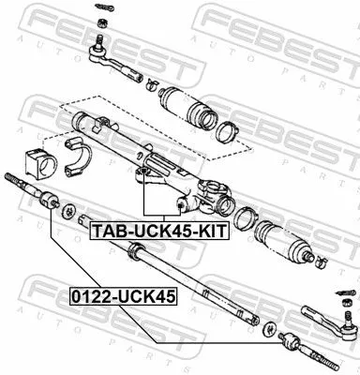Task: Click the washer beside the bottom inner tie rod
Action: click(270, 330)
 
